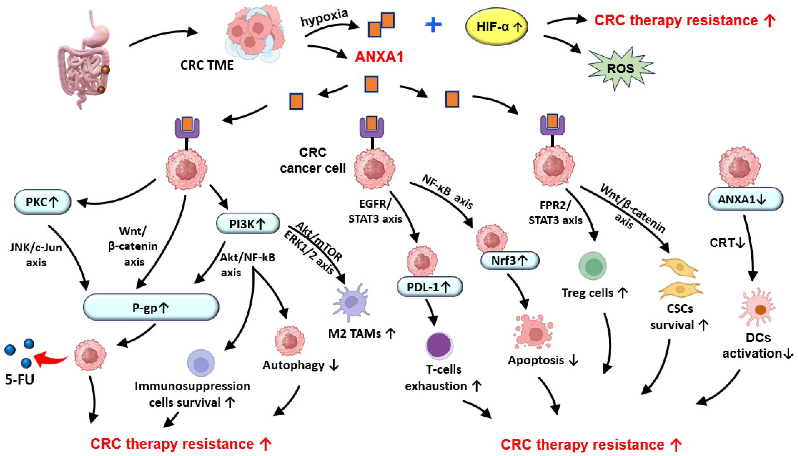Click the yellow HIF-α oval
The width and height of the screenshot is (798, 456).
point(497,27)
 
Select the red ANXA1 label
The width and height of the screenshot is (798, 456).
point(379,57)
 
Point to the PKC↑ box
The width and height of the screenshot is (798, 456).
point(42,202)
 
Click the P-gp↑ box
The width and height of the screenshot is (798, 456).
point(151,307)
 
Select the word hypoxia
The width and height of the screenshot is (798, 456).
point(324,18)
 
